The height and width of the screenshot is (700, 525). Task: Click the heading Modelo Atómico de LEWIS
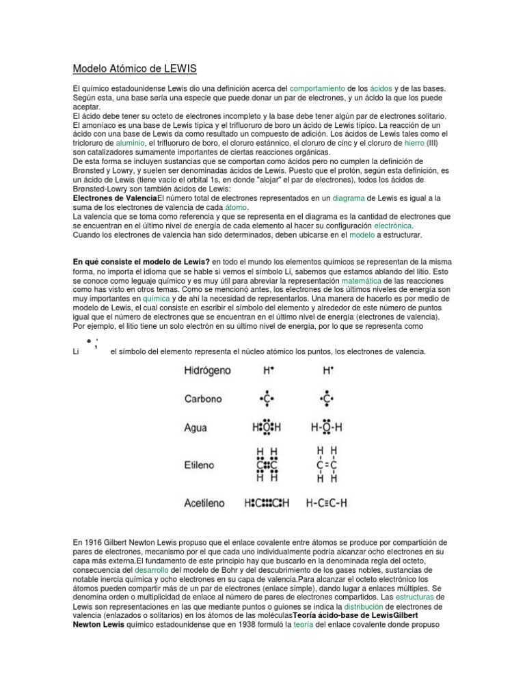(x=135, y=68)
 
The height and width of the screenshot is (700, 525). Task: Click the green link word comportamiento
(x=318, y=90)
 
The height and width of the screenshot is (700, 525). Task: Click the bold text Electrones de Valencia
(x=115, y=198)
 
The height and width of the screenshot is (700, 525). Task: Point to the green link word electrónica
(x=393, y=225)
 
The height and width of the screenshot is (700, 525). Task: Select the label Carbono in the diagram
(x=202, y=398)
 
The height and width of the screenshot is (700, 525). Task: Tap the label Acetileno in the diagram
(x=204, y=503)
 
